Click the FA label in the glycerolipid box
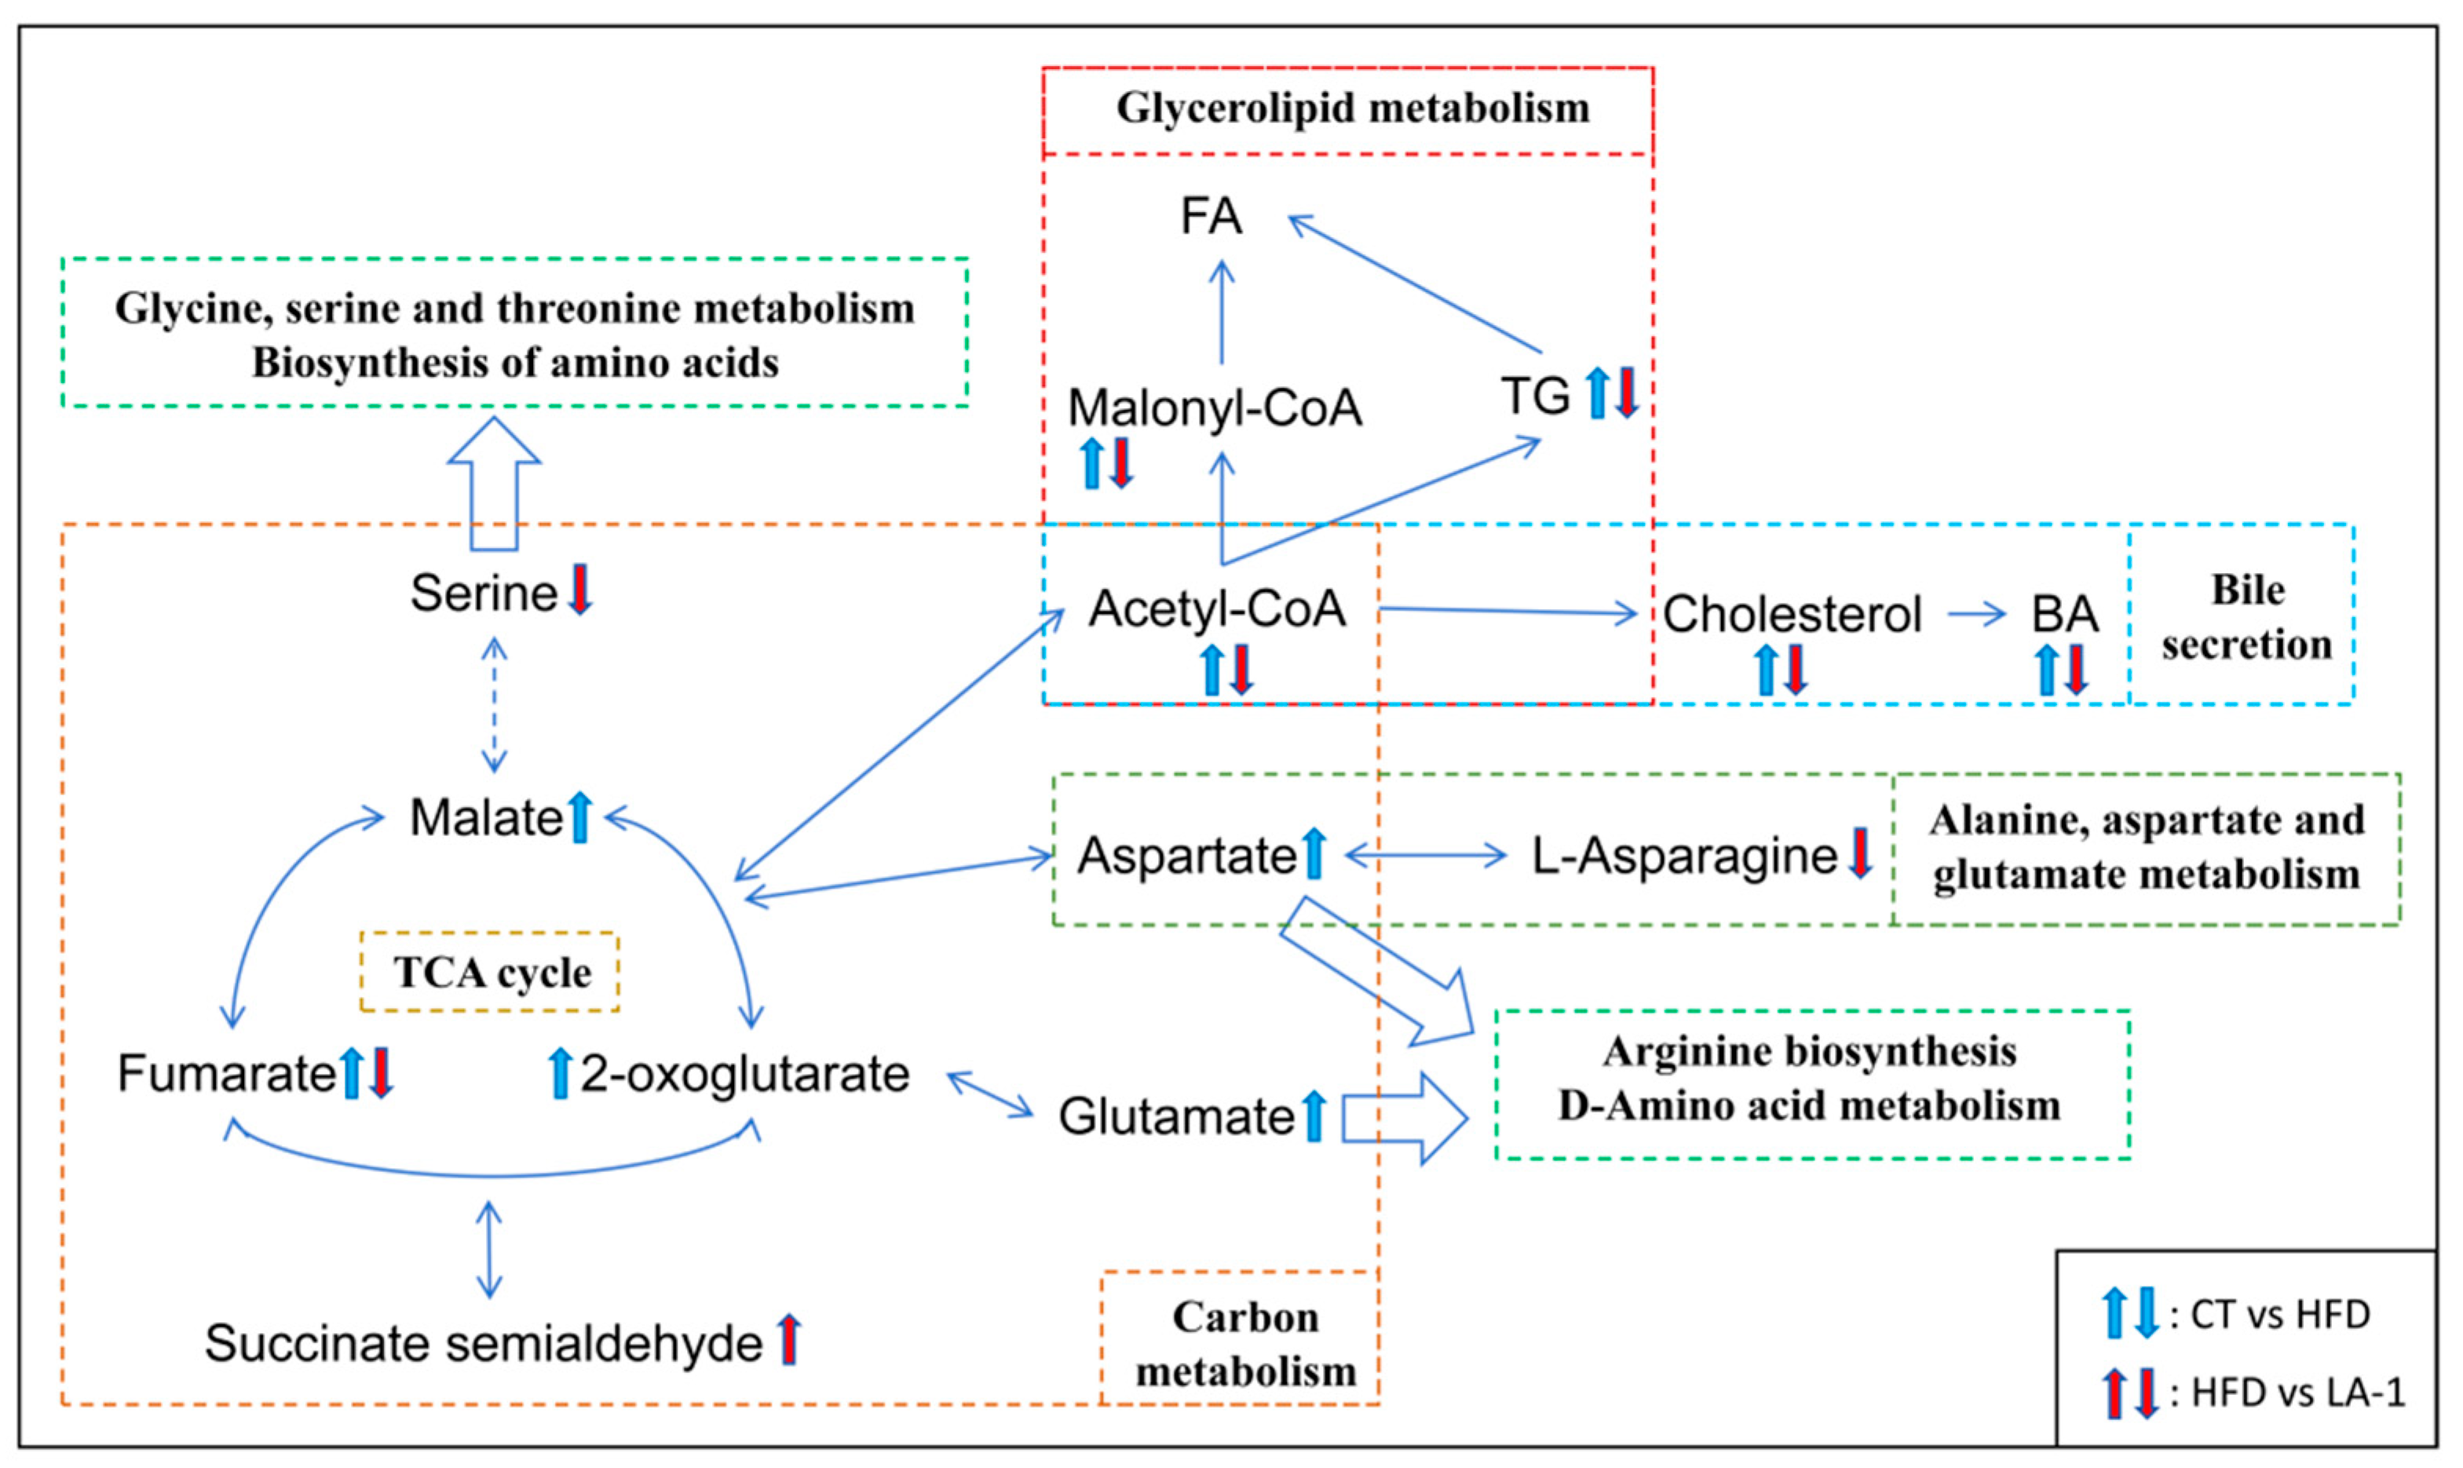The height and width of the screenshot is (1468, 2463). pos(1210,217)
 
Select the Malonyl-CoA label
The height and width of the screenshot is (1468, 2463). pos(1215,407)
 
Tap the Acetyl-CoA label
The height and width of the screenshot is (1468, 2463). pos(1217,608)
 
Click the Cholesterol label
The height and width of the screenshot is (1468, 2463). pos(1792,615)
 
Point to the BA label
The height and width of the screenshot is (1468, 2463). pos(2064,615)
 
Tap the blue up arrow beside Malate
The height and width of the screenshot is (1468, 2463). pos(581,817)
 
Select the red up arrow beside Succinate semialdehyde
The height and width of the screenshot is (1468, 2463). pos(788,1339)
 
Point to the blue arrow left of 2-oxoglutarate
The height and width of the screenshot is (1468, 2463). pos(560,1073)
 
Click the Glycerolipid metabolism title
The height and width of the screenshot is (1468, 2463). pos(1352,108)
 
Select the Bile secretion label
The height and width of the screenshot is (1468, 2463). pos(2246,617)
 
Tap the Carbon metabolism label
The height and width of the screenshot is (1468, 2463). pos(1244,1343)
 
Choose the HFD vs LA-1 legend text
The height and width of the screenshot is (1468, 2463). pos(2297,1393)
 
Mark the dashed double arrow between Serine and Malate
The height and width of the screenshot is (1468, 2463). pos(494,704)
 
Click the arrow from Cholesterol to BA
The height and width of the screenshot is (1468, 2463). pos(1975,615)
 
